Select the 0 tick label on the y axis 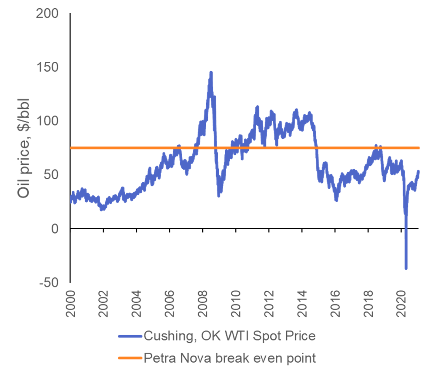55,228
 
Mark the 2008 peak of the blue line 211,73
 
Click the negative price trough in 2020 406,268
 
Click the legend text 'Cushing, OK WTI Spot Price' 229,336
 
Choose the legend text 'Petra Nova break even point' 229,358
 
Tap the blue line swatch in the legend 129,336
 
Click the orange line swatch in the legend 129,359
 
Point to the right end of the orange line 418,148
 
